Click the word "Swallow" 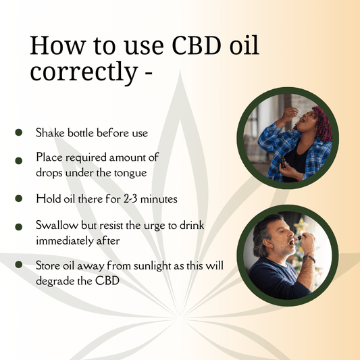[55, 226]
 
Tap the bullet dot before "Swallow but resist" [19, 226]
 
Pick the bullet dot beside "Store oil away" [19, 265]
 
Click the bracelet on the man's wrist [310, 258]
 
